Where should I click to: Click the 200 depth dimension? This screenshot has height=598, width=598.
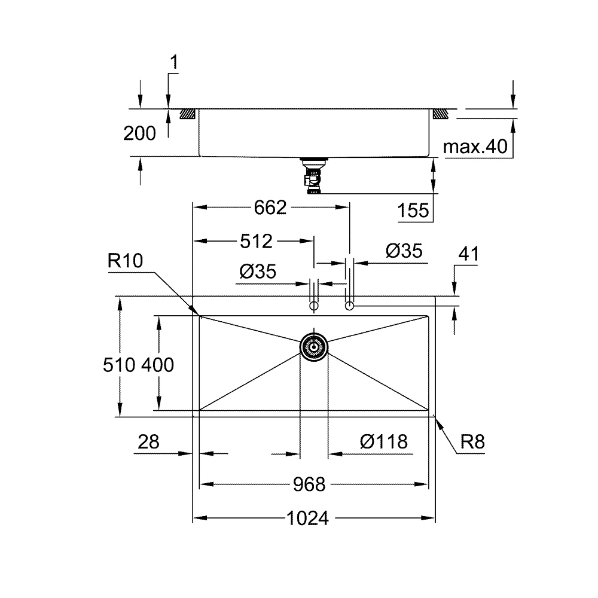click(x=139, y=133)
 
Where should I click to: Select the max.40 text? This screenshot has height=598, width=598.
click(x=475, y=147)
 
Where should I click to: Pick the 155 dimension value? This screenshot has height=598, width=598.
click(x=413, y=210)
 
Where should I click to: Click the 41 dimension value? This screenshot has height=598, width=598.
click(x=468, y=254)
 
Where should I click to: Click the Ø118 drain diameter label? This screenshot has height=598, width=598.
click(x=384, y=442)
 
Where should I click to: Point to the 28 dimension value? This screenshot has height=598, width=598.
click(x=148, y=442)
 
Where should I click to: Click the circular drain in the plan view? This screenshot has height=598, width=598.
click(x=313, y=347)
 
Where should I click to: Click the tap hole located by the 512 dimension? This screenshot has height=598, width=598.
click(x=313, y=306)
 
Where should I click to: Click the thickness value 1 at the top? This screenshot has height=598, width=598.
click(x=174, y=62)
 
